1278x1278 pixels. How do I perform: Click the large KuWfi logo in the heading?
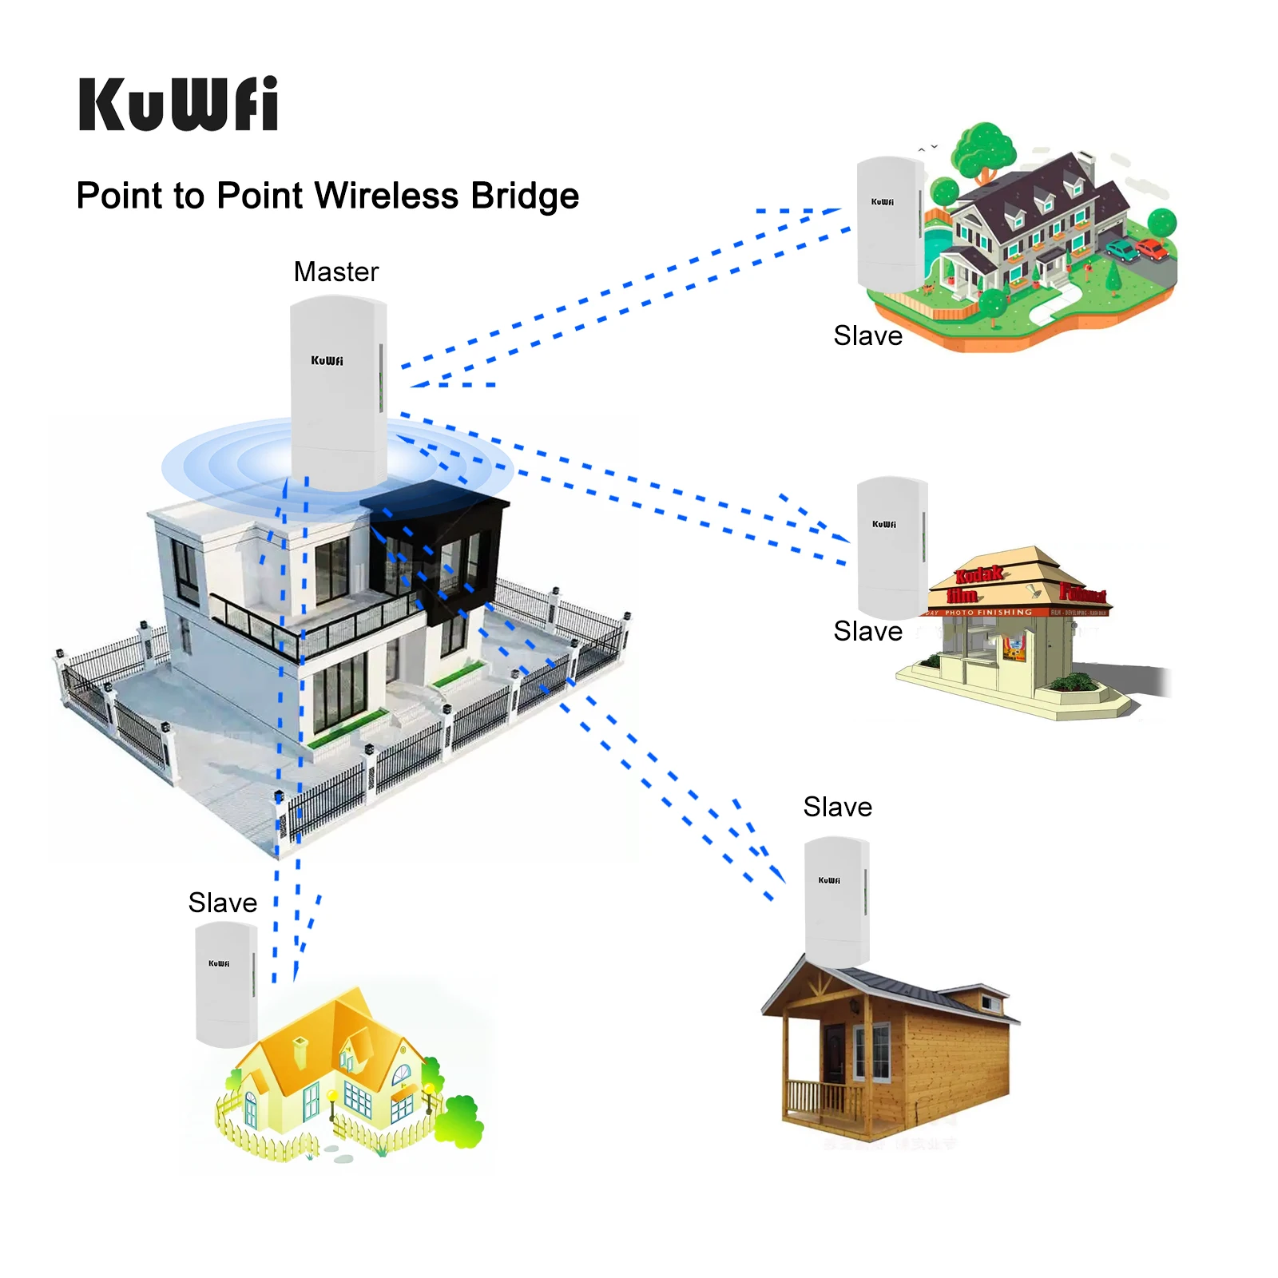pyautogui.click(x=178, y=104)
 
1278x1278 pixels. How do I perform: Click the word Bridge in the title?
pyautogui.click(x=525, y=196)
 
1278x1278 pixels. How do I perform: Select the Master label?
pyautogui.click(x=335, y=272)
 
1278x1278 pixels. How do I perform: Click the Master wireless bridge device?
pyautogui.click(x=339, y=391)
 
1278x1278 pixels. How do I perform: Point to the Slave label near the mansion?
pyautogui.click(x=867, y=335)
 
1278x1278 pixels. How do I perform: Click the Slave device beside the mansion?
pyautogui.click(x=889, y=224)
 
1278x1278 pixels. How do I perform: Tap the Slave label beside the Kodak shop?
pyautogui.click(x=867, y=631)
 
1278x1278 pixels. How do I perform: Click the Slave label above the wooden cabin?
pyautogui.click(x=837, y=807)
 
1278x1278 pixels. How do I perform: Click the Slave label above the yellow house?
pyautogui.click(x=222, y=903)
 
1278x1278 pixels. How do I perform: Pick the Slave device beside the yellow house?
pyautogui.click(x=227, y=982)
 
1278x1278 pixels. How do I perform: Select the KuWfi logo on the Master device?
pyautogui.click(x=327, y=360)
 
